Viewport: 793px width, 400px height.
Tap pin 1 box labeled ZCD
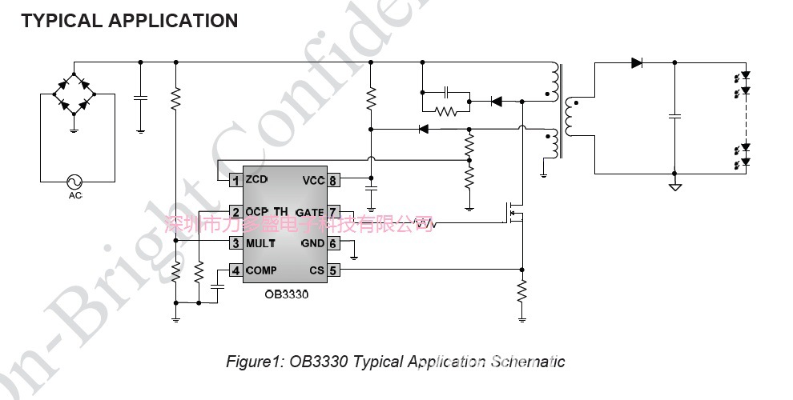pyautogui.click(x=235, y=181)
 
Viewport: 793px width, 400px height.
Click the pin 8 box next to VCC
pyautogui.click(x=332, y=181)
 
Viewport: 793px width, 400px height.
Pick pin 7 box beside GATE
pyautogui.click(x=332, y=212)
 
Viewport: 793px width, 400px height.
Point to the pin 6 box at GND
pyautogui.click(x=332, y=243)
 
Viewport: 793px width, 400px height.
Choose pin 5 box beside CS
pyautogui.click(x=332, y=270)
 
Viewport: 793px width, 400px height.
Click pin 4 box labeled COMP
pyautogui.click(x=235, y=270)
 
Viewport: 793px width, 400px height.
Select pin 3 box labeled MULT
pyautogui.click(x=235, y=243)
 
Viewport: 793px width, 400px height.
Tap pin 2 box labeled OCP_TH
pyautogui.click(x=235, y=212)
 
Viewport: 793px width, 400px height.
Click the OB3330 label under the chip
pyautogui.click(x=286, y=294)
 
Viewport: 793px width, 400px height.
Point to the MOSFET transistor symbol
pyautogui.click(x=513, y=212)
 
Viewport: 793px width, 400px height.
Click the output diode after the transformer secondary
pyautogui.click(x=637, y=63)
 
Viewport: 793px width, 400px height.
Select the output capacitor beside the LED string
pyautogui.click(x=674, y=117)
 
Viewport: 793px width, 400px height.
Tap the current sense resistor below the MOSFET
pyautogui.click(x=522, y=290)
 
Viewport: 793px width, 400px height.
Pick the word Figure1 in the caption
pyautogui.click(x=253, y=362)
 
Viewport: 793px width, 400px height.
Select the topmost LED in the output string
pyautogui.click(x=745, y=77)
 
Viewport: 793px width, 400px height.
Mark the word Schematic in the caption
pyautogui.click(x=528, y=362)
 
